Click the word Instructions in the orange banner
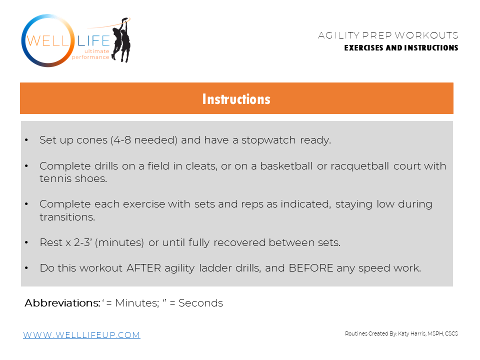[236, 99]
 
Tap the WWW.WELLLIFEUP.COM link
[81, 335]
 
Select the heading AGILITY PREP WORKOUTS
[388, 35]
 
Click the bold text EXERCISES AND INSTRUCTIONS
[401, 48]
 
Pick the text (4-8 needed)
[143, 140]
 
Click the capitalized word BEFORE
[310, 268]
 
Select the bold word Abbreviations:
[62, 303]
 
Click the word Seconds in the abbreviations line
[200, 303]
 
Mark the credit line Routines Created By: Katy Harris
[401, 333]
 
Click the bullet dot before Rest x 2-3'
[26, 243]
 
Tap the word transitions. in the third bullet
[67, 217]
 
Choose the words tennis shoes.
[73, 178]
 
